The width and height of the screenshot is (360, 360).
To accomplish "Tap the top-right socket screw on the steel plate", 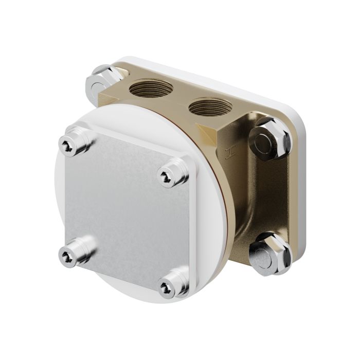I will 167,176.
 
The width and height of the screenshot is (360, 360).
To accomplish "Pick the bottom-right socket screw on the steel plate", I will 167,285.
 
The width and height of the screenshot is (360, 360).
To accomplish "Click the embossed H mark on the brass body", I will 228,153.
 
